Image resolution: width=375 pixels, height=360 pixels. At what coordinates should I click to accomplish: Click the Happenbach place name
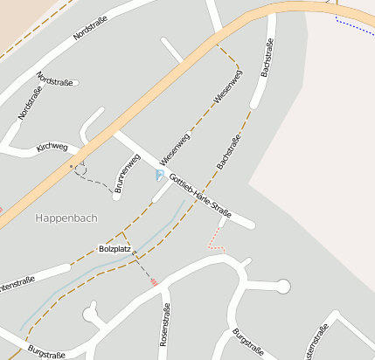pos(66,218)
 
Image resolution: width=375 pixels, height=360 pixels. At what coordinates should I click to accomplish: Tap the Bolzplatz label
pos(115,249)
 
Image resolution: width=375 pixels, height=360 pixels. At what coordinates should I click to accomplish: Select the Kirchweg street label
pos(52,148)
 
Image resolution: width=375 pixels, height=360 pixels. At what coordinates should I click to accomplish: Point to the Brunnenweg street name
pos(128,173)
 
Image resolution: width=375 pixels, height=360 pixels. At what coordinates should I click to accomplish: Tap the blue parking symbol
pos(159,176)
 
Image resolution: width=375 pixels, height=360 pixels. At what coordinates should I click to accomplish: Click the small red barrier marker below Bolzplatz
pos(155,282)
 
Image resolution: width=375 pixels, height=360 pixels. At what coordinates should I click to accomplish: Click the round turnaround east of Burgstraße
pos(282,286)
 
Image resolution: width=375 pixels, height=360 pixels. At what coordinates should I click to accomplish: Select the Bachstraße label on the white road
pos(267,60)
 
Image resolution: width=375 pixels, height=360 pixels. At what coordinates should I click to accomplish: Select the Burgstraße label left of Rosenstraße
pos(46,351)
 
